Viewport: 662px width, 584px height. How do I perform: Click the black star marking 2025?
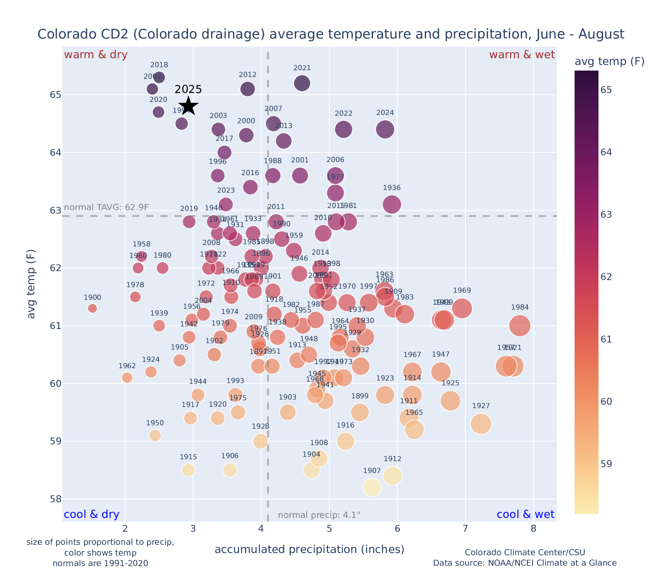click(x=189, y=106)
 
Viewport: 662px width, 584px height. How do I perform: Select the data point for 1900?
click(x=92, y=308)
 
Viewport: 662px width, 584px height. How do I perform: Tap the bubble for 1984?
click(x=520, y=326)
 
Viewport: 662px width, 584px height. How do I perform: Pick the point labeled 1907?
click(x=372, y=487)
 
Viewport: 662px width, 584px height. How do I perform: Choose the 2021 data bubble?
click(x=302, y=83)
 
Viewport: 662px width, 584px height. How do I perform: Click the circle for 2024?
click(x=385, y=130)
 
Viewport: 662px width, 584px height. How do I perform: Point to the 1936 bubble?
click(x=392, y=204)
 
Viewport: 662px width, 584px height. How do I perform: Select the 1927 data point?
click(x=481, y=424)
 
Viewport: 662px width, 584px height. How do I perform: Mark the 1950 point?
click(x=155, y=435)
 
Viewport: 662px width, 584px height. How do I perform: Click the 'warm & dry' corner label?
click(x=96, y=55)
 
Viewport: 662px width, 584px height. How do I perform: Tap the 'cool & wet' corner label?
click(x=525, y=515)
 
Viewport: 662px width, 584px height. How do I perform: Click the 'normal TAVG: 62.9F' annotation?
click(x=106, y=207)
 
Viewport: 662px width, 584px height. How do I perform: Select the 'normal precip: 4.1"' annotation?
click(x=319, y=515)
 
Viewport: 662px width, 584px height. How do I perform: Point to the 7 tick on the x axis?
click(x=465, y=529)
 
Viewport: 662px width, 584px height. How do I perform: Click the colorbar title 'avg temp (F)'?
click(x=609, y=62)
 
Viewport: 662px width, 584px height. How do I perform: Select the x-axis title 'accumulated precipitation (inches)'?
click(x=309, y=549)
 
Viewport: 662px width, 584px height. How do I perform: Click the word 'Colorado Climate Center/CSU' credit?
click(x=525, y=552)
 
